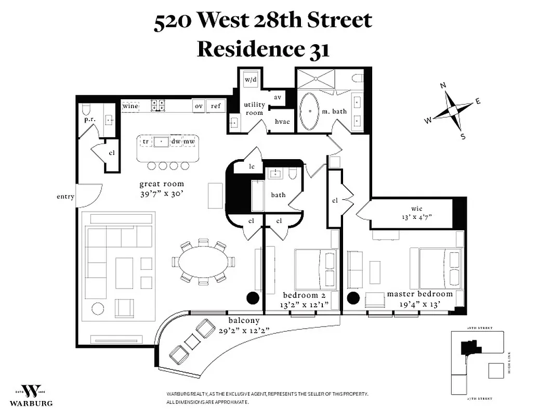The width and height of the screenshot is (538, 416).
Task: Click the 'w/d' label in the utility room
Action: (x=251, y=80)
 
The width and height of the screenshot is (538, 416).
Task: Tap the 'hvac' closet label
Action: (x=282, y=122)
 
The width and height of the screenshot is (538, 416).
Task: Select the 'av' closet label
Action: (x=278, y=98)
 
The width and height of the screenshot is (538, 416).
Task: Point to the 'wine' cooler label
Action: (x=130, y=106)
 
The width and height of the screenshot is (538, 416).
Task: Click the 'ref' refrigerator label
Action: (x=215, y=106)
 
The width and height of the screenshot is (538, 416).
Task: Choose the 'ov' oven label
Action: (x=199, y=106)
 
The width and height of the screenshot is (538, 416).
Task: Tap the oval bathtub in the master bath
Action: (x=311, y=111)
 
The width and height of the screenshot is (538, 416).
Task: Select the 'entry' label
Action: (x=65, y=197)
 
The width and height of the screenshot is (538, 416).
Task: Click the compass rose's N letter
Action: (x=443, y=86)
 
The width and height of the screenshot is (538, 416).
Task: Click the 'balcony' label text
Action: (x=243, y=321)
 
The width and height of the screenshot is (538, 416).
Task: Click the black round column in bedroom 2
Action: (x=252, y=297)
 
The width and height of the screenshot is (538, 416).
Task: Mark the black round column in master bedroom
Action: (x=353, y=298)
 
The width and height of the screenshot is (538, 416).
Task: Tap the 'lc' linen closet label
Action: (x=252, y=167)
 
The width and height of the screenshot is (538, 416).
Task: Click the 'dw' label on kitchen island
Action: (x=176, y=141)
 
